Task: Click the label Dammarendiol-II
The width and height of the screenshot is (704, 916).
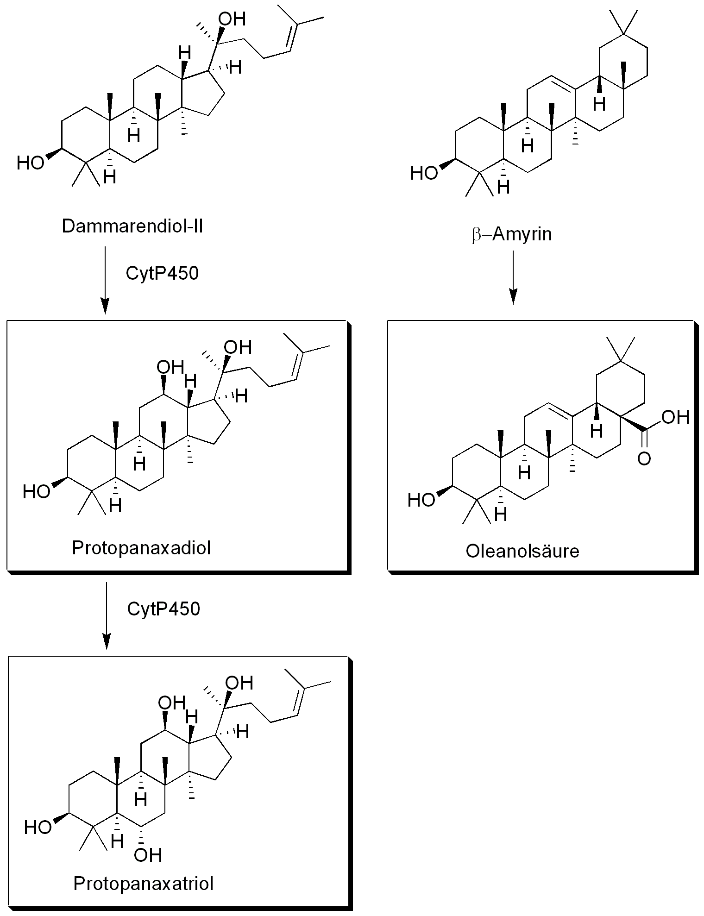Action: pos(132,227)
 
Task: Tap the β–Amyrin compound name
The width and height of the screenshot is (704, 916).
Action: pos(512,234)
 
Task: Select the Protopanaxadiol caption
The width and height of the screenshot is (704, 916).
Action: pos(141,548)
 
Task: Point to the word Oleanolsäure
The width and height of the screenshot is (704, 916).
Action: pos(522,551)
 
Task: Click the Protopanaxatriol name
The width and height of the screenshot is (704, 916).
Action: pos(143,884)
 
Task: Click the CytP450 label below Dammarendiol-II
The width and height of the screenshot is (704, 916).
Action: pos(162,273)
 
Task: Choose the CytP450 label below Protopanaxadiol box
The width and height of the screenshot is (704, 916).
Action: pos(163,609)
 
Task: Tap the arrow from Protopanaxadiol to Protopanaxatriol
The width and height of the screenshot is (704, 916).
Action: pos(107,616)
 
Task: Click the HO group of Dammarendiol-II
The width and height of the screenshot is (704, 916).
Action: pos(30,163)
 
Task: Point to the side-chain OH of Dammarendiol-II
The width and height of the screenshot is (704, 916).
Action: pos(232,19)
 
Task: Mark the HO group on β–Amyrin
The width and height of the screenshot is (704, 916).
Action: pos(424,174)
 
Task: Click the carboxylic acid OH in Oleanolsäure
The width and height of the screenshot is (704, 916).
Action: pos(675,417)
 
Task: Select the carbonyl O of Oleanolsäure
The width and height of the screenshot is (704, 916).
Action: pos(644,459)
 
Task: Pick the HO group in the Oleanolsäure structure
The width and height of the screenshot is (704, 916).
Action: pos(421,500)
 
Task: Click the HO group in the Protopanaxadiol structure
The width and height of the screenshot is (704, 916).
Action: pos(36,492)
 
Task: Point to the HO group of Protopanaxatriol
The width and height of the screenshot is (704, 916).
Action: pos(38,827)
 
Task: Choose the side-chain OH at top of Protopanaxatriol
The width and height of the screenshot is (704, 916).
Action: pos(239,682)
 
